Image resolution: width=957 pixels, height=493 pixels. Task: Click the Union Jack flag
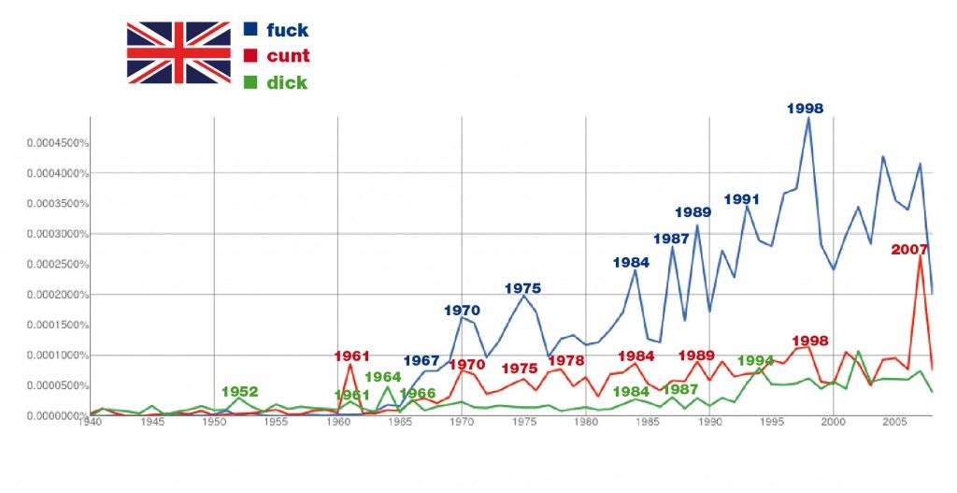[x=178, y=53]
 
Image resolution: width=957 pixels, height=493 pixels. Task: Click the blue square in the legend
[x=250, y=29]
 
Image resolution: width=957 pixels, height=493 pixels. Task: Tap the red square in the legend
[x=250, y=55]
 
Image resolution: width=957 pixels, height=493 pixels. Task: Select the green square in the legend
[x=250, y=81]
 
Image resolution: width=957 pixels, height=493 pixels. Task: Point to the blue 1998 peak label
[x=805, y=109]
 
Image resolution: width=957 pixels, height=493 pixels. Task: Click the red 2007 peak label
[x=909, y=250]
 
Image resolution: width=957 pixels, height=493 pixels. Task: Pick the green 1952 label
[x=240, y=392]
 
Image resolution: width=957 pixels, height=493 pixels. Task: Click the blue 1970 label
[x=462, y=310]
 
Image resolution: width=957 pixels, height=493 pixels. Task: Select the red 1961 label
[x=352, y=355]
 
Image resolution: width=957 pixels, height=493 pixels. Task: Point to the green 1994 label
[x=755, y=360]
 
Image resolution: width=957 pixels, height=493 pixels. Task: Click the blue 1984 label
[x=632, y=262]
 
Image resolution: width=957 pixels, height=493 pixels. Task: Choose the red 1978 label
[x=566, y=361]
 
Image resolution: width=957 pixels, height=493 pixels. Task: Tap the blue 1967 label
[x=421, y=361]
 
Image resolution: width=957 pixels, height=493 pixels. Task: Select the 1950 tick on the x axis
[x=215, y=423]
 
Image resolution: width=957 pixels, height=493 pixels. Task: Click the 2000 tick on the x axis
[x=833, y=423]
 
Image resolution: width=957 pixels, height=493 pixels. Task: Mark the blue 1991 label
[x=742, y=198]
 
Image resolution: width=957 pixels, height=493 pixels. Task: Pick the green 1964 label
[x=383, y=377]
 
